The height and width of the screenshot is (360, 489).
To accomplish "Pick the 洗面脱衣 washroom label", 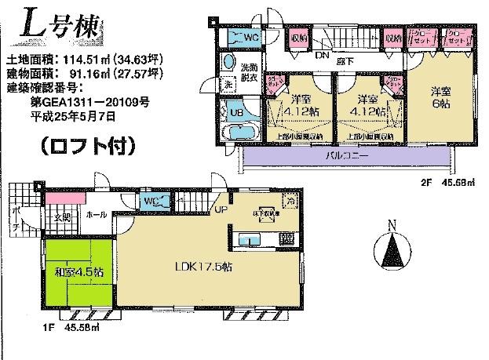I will [x=247, y=71].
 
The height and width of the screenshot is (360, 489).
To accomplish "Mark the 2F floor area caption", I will [x=434, y=184].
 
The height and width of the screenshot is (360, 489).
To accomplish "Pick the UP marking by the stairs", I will [x=221, y=211].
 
